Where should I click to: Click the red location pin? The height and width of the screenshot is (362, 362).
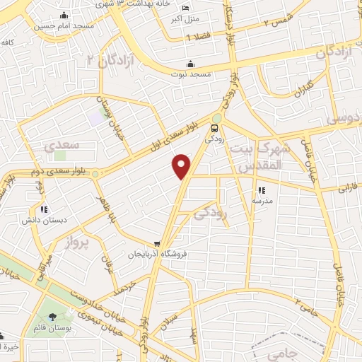[182, 166]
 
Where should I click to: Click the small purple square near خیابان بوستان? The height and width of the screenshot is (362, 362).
[95, 117]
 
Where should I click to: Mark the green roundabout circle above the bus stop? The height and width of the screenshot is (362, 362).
[216, 118]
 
